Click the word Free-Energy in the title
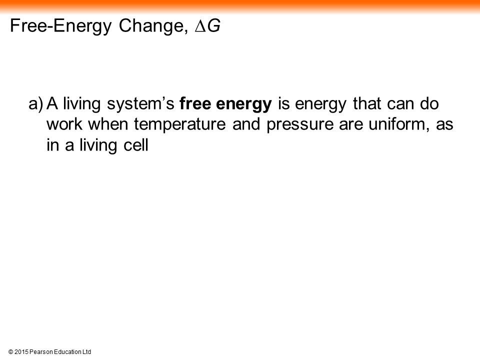pyautogui.click(x=60, y=26)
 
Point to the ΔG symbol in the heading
pyautogui.click(x=207, y=25)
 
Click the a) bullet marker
pyautogui.click(x=36, y=104)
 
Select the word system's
pyautogui.click(x=140, y=104)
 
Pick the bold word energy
pyautogui.click(x=243, y=104)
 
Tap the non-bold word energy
pyautogui.click(x=320, y=104)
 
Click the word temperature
pyautogui.click(x=179, y=125)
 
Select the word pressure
pyautogui.click(x=299, y=125)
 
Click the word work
pyautogui.click(x=64, y=124)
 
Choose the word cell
pyautogui.click(x=136, y=145)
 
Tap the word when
pyautogui.click(x=108, y=124)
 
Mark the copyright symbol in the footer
pyautogui.click(x=10, y=352)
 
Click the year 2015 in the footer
pyautogui.click(x=21, y=352)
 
